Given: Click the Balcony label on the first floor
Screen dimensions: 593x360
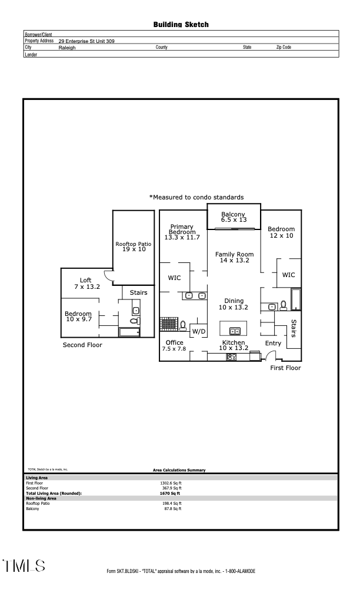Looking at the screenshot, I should [233, 216].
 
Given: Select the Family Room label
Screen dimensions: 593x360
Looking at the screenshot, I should [234, 257].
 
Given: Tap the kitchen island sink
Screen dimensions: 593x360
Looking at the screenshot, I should [234, 331].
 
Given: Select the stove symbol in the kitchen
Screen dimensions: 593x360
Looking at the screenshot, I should [231, 357].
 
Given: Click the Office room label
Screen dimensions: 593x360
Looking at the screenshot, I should [174, 345].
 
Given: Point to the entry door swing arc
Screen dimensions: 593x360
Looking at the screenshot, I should [271, 355].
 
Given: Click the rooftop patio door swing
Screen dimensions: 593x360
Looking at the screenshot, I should [108, 274].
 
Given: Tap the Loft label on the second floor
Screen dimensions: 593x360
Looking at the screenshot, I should [86, 283].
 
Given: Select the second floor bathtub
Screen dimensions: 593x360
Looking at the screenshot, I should [129, 332].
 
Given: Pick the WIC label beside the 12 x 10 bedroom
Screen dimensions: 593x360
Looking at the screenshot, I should [288, 275].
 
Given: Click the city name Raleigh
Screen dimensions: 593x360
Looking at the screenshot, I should [67, 48].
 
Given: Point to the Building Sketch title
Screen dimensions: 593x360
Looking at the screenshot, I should [181, 25].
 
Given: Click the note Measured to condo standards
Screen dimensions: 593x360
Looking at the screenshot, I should [196, 197].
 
